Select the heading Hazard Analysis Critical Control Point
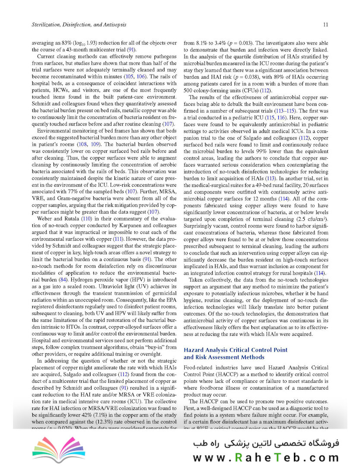pyautogui.click(x=236, y=349)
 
